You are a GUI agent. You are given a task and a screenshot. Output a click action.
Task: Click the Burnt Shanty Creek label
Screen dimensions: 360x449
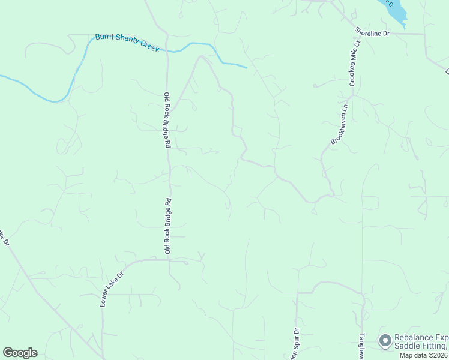pos(127,43)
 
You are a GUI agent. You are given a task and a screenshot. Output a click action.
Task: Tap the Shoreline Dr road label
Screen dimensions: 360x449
pos(372,32)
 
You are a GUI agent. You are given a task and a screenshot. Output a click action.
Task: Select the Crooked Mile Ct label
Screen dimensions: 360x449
pos(354,64)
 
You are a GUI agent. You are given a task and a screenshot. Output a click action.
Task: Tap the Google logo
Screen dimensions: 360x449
pos(20,353)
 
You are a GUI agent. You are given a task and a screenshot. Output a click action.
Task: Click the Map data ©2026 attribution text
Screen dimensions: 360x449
pos(423,355)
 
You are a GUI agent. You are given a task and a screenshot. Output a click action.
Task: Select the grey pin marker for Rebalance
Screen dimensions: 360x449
pos(385,341)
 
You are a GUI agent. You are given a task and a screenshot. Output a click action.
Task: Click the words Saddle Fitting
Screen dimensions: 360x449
pos(420,346)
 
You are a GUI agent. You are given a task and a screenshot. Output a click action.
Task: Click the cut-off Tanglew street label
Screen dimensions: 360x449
pos(362,347)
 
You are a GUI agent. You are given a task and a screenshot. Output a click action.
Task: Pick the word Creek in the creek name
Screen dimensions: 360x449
pos(149,46)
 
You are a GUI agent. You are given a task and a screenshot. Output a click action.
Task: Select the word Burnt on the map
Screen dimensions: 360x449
pos(105,38)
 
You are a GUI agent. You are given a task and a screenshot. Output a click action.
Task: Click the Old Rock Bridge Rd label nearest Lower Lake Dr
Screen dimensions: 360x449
pos(169,226)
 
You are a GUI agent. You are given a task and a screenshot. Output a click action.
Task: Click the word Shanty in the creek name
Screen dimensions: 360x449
pos(127,42)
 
